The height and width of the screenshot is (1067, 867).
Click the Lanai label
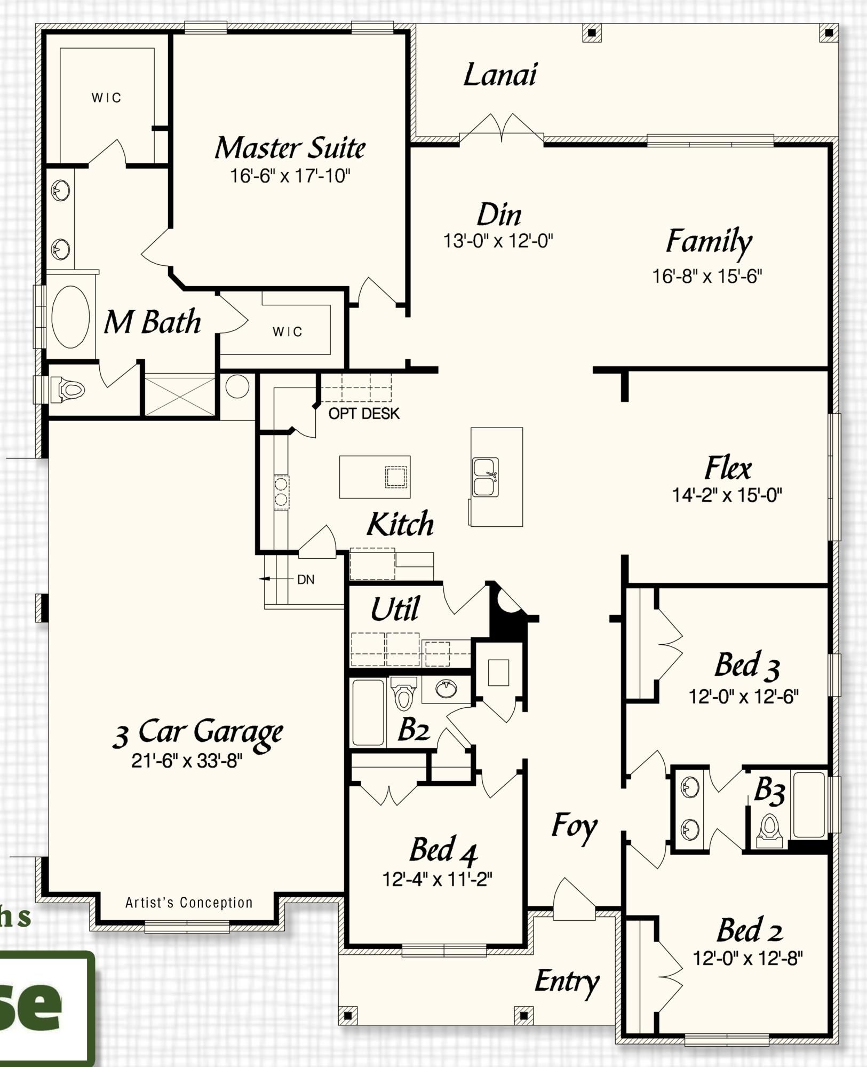[499, 75]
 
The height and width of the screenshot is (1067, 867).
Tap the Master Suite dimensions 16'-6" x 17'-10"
[290, 176]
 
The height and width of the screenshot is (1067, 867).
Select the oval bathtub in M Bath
[70, 317]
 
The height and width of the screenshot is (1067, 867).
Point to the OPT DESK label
[364, 414]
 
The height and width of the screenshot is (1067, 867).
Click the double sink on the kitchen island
[486, 477]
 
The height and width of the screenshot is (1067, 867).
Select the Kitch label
[400, 524]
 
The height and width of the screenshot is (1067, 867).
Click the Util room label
[395, 608]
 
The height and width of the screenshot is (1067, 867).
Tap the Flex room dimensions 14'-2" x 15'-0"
[727, 495]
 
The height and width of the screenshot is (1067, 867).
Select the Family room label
[709, 241]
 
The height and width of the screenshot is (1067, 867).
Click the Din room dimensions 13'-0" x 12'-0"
[498, 241]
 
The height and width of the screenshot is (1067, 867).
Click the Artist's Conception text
[189, 903]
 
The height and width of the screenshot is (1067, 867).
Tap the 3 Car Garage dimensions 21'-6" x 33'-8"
[187, 761]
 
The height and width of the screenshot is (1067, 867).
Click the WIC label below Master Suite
[288, 332]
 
